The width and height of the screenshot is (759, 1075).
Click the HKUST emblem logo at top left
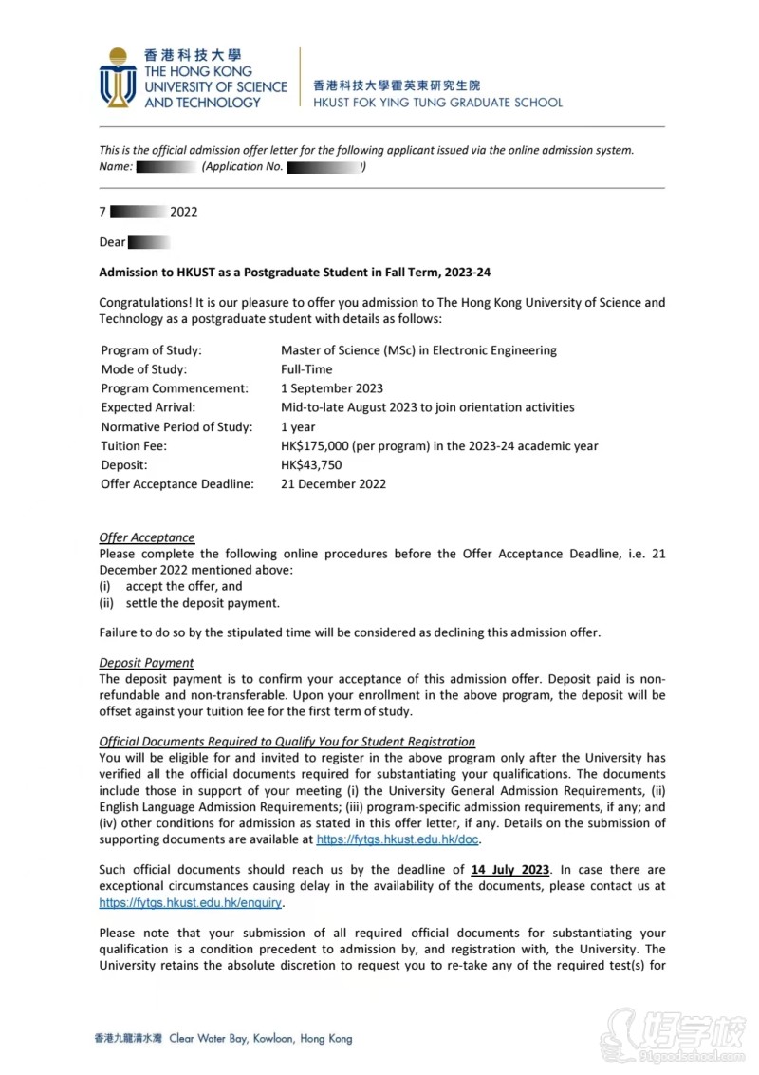pos(119,77)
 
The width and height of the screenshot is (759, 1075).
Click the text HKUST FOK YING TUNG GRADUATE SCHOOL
pos(437,103)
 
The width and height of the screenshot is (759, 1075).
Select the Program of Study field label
pos(151,350)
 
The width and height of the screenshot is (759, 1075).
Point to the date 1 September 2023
pos(332,388)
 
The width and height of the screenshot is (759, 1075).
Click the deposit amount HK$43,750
pos(311,465)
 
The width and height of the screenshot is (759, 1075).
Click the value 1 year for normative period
pos(298,427)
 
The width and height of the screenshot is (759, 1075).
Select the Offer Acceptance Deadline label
pos(177,484)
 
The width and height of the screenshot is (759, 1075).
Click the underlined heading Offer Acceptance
pos(147,537)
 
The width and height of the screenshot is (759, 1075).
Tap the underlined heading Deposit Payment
pos(146,663)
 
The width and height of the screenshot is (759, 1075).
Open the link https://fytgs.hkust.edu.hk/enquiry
pos(191,903)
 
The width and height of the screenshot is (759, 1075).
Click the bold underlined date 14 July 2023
pos(509,870)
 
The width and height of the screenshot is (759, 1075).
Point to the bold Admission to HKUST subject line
pos(289,273)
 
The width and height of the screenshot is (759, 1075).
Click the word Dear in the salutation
pos(112,242)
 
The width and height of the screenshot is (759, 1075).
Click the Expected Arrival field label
pos(149,407)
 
